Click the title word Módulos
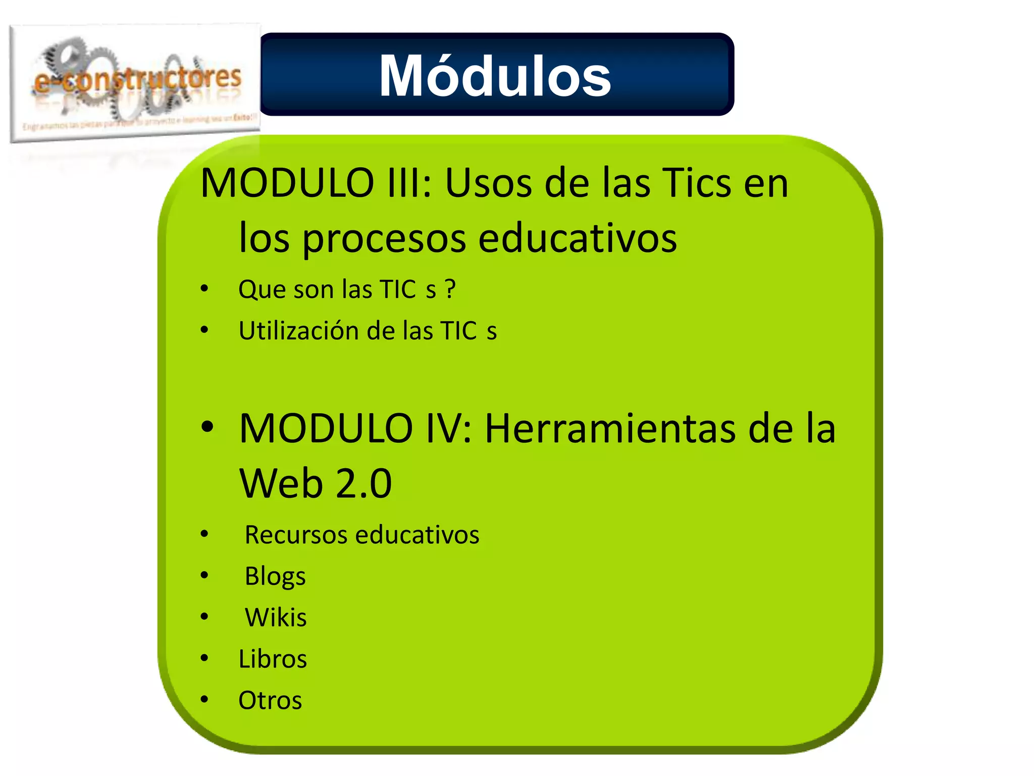(495, 77)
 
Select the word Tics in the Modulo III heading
(696, 183)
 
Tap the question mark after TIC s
(450, 289)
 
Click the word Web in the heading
(281, 483)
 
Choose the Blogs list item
(275, 576)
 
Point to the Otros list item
(270, 701)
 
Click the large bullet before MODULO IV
(207, 427)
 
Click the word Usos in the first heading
(488, 183)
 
